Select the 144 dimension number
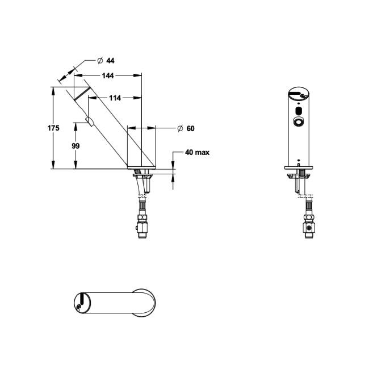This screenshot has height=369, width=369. (x=108, y=76)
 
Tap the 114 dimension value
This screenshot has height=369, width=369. (x=115, y=98)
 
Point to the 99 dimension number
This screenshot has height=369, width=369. (x=76, y=146)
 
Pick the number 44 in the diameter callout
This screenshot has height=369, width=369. (x=110, y=61)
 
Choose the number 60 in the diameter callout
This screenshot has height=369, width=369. (x=190, y=129)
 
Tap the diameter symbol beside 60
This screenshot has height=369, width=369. (x=179, y=129)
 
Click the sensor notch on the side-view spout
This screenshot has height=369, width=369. (x=89, y=120)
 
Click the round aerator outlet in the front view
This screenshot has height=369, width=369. (x=297, y=121)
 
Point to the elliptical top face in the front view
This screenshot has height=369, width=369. (x=297, y=94)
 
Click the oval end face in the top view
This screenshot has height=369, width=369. (x=81, y=301)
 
